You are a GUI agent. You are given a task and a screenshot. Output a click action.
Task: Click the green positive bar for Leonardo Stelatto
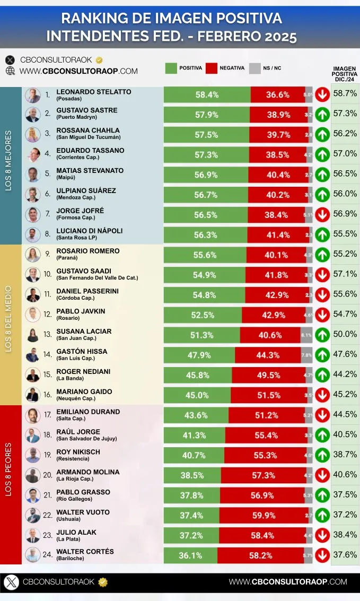point(207,95)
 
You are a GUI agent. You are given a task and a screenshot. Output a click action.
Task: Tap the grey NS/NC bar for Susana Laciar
point(306,335)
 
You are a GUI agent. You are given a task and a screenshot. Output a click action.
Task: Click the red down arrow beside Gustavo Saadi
point(322,275)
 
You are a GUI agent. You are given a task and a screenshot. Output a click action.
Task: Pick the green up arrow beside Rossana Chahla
point(322,135)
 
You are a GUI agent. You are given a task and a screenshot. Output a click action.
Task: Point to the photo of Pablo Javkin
point(33,315)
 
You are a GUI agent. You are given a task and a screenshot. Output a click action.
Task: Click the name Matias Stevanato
point(90,171)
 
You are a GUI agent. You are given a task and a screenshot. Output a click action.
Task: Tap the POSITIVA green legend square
point(171,68)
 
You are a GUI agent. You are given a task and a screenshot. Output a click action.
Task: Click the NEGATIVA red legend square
point(212,68)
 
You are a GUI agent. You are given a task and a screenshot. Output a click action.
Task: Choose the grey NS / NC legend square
point(255,68)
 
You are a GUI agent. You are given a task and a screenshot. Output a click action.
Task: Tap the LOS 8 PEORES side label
point(8,484)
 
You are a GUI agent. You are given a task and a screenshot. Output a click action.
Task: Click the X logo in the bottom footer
point(12,582)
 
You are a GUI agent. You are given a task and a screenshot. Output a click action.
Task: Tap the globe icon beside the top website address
point(10,71)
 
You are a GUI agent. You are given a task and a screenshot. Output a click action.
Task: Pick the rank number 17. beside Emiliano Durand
point(48,414)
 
